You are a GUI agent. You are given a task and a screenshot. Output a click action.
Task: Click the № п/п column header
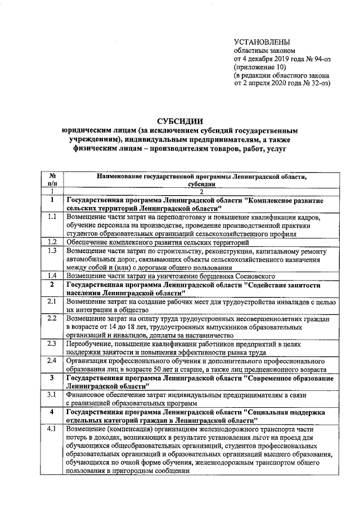(52, 179)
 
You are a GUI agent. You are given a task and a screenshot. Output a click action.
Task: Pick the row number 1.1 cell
(52, 216)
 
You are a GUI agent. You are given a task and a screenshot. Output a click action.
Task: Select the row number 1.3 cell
(52, 250)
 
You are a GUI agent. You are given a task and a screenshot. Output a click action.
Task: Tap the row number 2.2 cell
(52, 318)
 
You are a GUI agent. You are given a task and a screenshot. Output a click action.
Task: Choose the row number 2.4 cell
(52, 361)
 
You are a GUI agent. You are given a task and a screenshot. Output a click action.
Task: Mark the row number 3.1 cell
(52, 395)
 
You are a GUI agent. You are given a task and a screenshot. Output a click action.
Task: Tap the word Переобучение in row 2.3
(91, 344)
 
